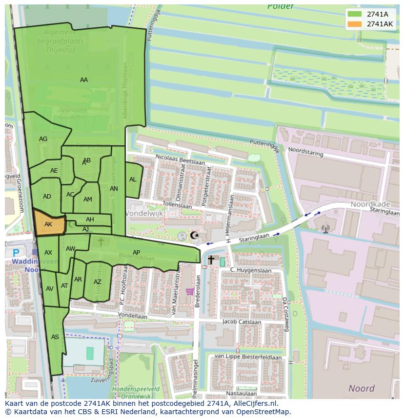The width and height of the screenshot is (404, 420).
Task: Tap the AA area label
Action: pyautogui.click(x=84, y=80)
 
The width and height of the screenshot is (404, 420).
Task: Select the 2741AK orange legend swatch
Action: pyautogui.click(x=355, y=24)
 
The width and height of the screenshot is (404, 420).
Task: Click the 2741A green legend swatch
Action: pyautogui.click(x=355, y=14)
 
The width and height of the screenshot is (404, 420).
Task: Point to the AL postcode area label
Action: pyautogui.click(x=133, y=180)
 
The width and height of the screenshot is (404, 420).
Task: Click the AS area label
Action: pyautogui.click(x=55, y=337)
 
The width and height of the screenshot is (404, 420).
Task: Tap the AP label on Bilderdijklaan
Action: pyautogui.click(x=137, y=252)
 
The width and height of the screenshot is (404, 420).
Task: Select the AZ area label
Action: pyautogui.click(x=98, y=282)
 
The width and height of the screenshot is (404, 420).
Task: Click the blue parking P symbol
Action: pyautogui.click(x=16, y=253)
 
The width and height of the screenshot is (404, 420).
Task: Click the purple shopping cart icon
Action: pyautogui.click(x=190, y=292)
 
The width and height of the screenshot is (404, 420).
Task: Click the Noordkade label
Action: pyautogui.click(x=367, y=205)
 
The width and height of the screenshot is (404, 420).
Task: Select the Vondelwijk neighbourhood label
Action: pyautogui.click(x=144, y=214)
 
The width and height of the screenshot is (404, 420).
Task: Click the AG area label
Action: pyautogui.click(x=43, y=139)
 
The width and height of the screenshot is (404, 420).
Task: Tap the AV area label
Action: pyautogui.click(x=49, y=289)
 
